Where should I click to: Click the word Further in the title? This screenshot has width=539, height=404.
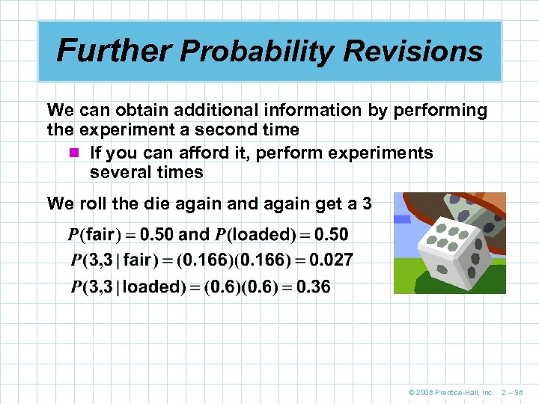pos(115,51)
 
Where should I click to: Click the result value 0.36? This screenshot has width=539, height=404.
pos(314,287)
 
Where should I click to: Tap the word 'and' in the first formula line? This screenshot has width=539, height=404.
pos(194,234)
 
